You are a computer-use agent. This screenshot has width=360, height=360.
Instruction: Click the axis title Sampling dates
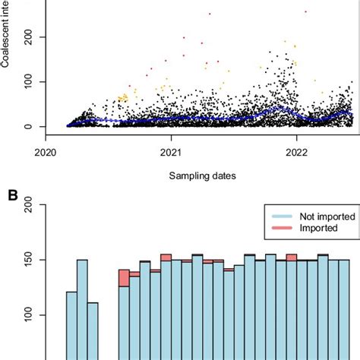tap(203, 175)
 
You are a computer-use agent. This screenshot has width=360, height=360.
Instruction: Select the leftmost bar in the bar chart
tap(71, 327)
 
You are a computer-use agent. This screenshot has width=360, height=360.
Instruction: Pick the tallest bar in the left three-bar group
tap(82, 311)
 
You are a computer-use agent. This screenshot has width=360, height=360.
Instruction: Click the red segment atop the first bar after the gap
tap(124, 277)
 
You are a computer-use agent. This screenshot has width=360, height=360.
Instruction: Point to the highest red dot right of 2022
tap(305, 11)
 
